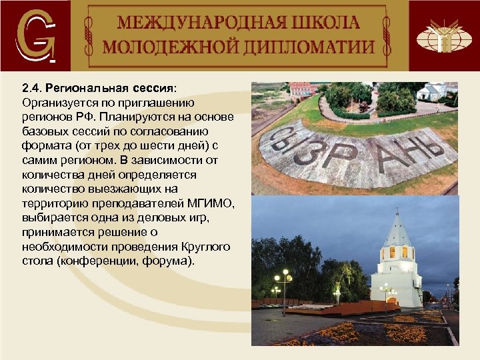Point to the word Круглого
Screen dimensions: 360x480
[x=204, y=247]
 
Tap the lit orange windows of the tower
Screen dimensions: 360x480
[x=398, y=252]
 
